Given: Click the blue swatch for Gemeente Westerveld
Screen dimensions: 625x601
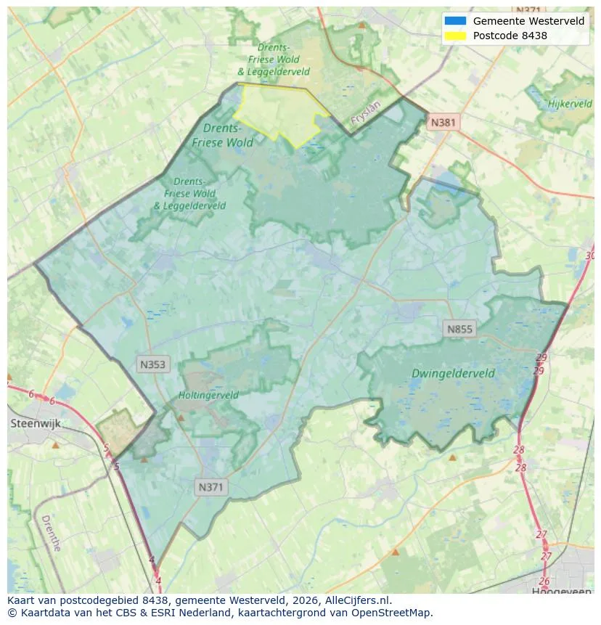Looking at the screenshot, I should [455, 21].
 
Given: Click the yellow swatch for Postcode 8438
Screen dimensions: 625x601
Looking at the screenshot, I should [455, 35].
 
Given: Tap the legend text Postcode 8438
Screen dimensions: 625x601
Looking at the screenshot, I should [510, 35].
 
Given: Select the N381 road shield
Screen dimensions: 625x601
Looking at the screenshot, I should [443, 122].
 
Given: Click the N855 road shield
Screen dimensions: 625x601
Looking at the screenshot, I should [459, 330].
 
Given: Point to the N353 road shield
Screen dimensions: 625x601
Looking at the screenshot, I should [153, 364].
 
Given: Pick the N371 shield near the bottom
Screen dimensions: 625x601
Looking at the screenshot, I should [211, 487].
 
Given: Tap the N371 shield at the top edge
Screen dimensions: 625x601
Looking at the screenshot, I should [528, 10].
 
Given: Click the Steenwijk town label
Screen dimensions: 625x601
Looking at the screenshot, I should [35, 423].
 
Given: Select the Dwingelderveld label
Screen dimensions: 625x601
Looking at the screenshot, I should [453, 374].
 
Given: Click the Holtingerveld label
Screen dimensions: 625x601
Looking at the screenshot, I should [208, 396].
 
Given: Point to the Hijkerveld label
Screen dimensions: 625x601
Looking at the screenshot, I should [570, 104].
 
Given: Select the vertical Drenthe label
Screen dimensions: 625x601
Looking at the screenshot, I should [51, 534].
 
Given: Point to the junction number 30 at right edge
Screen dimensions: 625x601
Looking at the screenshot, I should [589, 256].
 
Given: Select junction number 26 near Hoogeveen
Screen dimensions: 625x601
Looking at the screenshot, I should [544, 581].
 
